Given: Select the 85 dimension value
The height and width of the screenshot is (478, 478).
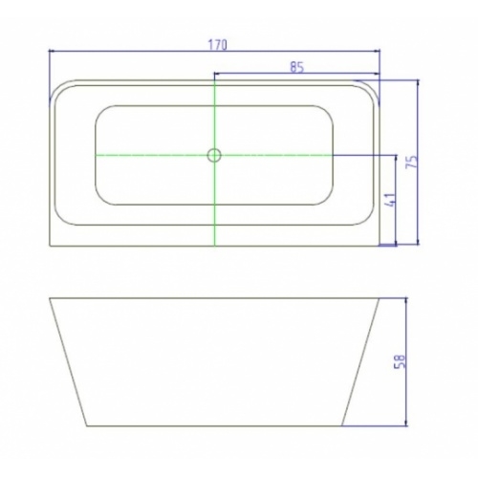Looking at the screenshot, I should click(296, 67).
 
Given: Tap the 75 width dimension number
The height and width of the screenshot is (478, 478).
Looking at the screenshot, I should click(411, 163).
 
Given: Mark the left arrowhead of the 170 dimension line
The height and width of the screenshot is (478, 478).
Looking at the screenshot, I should click(50, 52).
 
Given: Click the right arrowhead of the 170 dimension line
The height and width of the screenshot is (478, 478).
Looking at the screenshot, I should click(380, 52).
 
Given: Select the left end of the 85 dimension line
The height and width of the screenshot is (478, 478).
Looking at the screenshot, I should click(215, 74).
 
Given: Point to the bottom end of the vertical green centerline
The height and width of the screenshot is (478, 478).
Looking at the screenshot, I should click(215, 245).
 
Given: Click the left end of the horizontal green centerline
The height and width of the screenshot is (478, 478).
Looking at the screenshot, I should click(96, 154).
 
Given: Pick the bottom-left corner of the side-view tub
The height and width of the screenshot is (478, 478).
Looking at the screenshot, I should click(87, 425).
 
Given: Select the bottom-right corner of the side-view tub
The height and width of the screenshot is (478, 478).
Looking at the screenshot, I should click(343, 425).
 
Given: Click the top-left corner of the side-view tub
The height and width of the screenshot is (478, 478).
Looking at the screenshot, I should click(49, 298).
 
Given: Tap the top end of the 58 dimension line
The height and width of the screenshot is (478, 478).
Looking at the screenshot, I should click(407, 298).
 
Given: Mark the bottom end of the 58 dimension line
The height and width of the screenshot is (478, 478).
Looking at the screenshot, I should click(407, 425).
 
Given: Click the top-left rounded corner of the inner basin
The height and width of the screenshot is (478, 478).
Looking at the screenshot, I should click(99, 109).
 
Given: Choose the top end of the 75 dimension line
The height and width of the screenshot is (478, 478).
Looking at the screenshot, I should click(419, 81).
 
